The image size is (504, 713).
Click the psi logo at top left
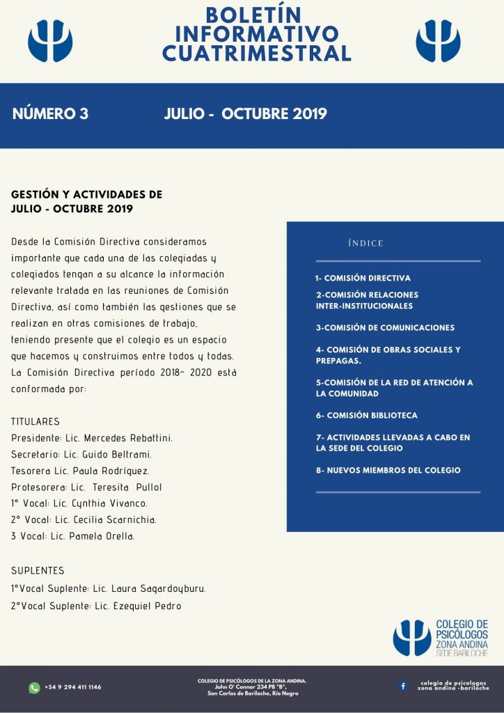pyautogui.click(x=50, y=40)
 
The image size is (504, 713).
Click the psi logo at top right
pyautogui.click(x=438, y=40)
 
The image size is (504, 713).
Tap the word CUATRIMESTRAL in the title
pyautogui.click(x=256, y=53)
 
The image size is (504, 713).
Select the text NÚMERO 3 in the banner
pyautogui.click(x=50, y=114)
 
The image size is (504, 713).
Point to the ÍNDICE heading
pyautogui.click(x=365, y=243)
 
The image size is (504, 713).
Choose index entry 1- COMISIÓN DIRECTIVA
pyautogui.click(x=363, y=278)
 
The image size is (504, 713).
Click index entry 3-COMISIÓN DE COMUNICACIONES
pyautogui.click(x=385, y=327)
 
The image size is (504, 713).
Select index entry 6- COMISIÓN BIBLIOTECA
pyautogui.click(x=367, y=415)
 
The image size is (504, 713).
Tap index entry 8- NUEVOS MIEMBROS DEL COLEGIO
pyautogui.click(x=388, y=470)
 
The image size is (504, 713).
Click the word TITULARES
pyautogui.click(x=36, y=421)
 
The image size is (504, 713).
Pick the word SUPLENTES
pyautogui.click(x=38, y=570)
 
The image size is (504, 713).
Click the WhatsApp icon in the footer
pyautogui.click(x=34, y=687)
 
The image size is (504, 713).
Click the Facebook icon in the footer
pyautogui.click(x=403, y=686)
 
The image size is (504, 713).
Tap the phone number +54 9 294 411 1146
pyautogui.click(x=72, y=687)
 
